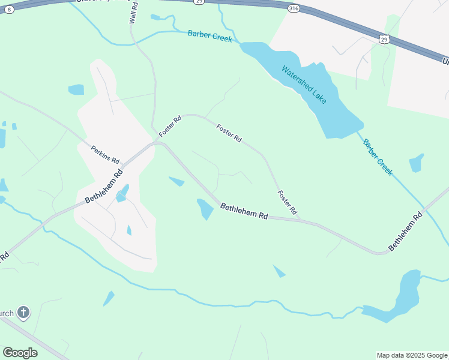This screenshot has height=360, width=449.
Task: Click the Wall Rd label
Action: [x=133, y=13]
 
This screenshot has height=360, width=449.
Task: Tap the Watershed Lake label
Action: [x=304, y=84]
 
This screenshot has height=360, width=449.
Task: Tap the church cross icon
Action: [x=23, y=313]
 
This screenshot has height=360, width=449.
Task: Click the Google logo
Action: [x=20, y=353]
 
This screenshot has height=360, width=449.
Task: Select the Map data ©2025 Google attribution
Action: [x=412, y=355]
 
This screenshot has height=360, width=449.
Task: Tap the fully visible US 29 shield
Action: [x=384, y=39]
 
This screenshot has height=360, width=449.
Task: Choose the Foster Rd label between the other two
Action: [x=229, y=133]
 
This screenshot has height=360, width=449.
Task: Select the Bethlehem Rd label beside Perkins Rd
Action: [x=103, y=185]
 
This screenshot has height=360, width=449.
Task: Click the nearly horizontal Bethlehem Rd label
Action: [x=244, y=211]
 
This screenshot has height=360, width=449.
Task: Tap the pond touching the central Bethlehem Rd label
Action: [x=205, y=209]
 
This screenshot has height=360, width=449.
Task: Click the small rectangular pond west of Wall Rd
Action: [x=76, y=90]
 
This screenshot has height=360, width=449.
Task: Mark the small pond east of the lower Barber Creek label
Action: [x=416, y=163]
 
